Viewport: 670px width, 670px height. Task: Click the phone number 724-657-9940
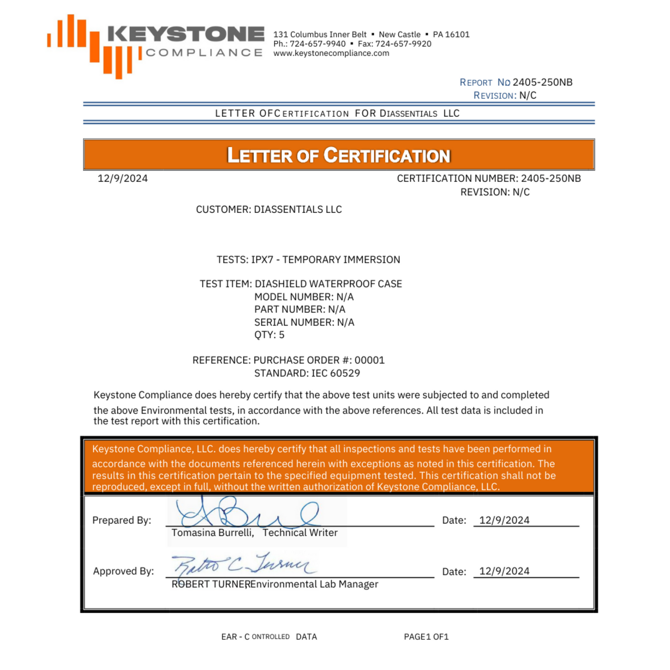[x=318, y=44]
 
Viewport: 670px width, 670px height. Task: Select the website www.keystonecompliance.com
[x=331, y=53]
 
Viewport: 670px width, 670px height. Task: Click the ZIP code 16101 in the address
[x=457, y=35]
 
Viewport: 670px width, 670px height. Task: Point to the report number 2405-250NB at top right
[x=542, y=83]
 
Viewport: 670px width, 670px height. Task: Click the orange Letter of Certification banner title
[x=338, y=155]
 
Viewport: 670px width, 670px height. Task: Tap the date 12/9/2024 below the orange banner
[x=122, y=179]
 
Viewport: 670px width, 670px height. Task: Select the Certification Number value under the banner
[x=550, y=179]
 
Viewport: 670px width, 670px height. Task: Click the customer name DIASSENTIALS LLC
[x=298, y=210]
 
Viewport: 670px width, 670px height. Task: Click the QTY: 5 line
[x=269, y=335]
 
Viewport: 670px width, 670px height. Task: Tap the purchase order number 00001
[x=370, y=360]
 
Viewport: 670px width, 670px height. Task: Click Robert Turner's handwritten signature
[x=243, y=565]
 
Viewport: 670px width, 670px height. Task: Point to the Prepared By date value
[x=504, y=520]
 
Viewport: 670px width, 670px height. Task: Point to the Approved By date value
[x=504, y=571]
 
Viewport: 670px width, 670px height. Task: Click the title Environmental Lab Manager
[x=314, y=584]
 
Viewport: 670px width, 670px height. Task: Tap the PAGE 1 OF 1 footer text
[x=426, y=637]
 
